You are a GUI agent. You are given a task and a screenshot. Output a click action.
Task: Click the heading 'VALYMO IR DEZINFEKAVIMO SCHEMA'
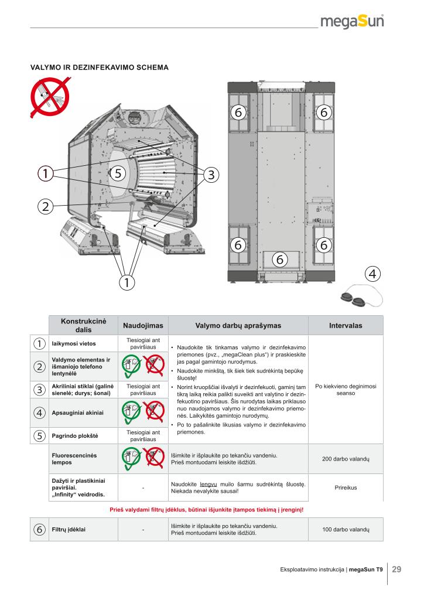[100, 67]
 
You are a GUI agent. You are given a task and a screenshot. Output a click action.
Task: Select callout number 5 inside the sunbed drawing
[118, 173]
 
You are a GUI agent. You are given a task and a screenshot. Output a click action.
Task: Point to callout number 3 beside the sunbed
[211, 174]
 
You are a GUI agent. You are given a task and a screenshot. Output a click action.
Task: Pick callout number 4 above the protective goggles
[372, 273]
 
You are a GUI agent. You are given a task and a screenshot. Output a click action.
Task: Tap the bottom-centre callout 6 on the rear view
[280, 258]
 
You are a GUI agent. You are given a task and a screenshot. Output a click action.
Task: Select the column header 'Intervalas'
[346, 325]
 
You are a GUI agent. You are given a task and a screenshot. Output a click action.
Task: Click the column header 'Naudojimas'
[143, 325]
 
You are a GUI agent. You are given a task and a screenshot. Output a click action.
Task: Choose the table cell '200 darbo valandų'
[346, 459]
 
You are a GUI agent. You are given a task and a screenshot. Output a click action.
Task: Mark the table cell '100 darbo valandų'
[346, 529]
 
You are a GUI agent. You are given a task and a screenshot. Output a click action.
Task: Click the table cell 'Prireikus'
[346, 487]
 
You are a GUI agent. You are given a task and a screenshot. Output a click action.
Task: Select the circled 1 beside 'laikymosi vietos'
[39, 343]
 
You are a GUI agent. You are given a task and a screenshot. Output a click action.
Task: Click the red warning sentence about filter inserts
[206, 509]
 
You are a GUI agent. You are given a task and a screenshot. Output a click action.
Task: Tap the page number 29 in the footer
[396, 569]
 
